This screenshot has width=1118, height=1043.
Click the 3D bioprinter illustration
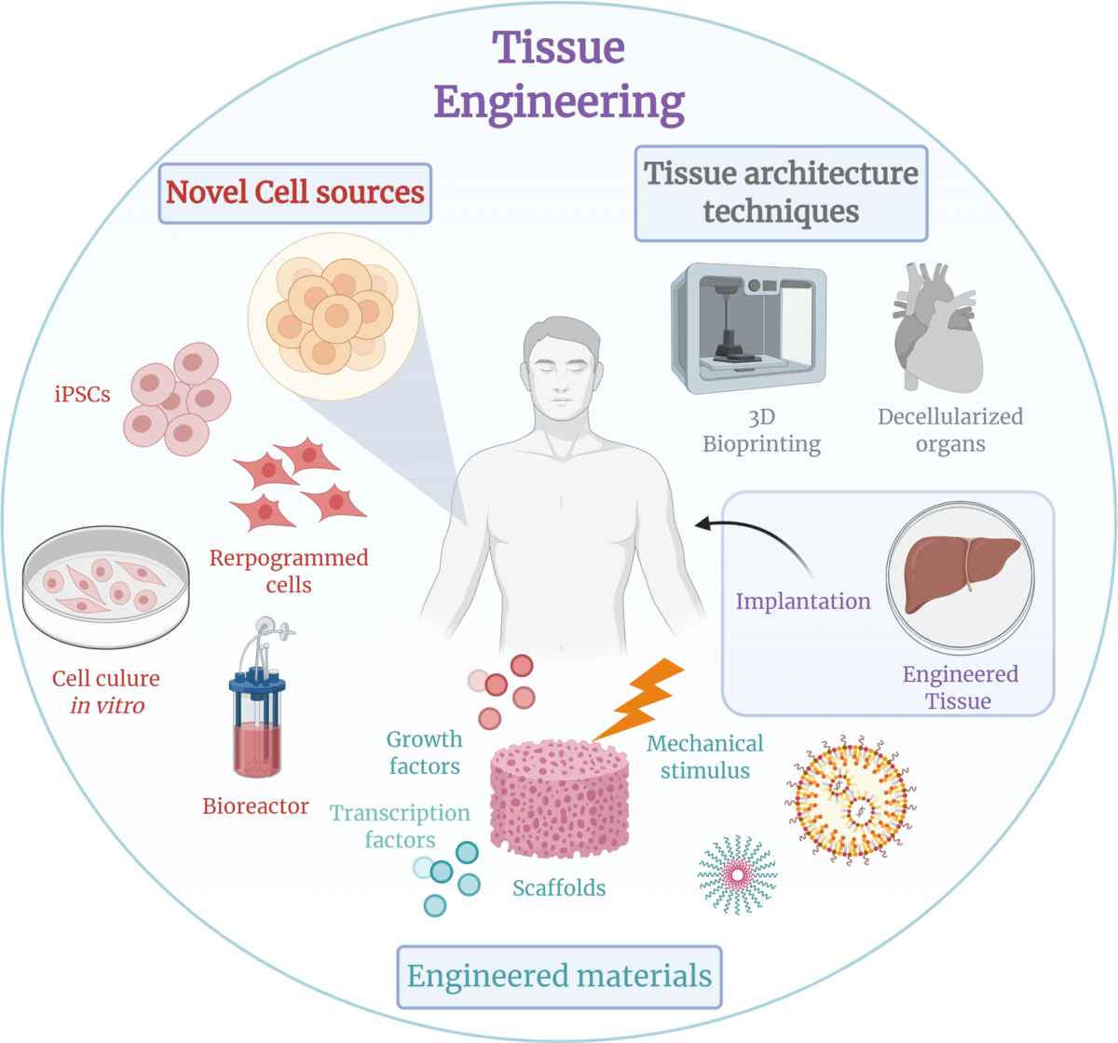(748, 328)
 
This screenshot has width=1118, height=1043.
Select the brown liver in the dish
(961, 573)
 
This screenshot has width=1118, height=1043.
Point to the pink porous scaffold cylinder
(560, 799)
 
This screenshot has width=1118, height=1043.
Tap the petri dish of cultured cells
(106, 587)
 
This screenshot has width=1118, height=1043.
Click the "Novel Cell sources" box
(295, 193)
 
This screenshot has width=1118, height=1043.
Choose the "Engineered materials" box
(560, 977)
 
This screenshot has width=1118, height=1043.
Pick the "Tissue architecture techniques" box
(781, 193)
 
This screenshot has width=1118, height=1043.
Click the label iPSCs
(82, 394)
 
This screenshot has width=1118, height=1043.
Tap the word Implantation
(803, 602)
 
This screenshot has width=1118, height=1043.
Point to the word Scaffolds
(559, 887)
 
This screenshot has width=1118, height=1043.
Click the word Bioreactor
(255, 806)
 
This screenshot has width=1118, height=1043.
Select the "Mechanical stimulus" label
(704, 757)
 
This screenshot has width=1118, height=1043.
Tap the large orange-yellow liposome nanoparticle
(851, 799)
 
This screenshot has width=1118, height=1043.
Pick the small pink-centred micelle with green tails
(738, 874)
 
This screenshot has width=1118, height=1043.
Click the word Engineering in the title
(559, 103)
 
